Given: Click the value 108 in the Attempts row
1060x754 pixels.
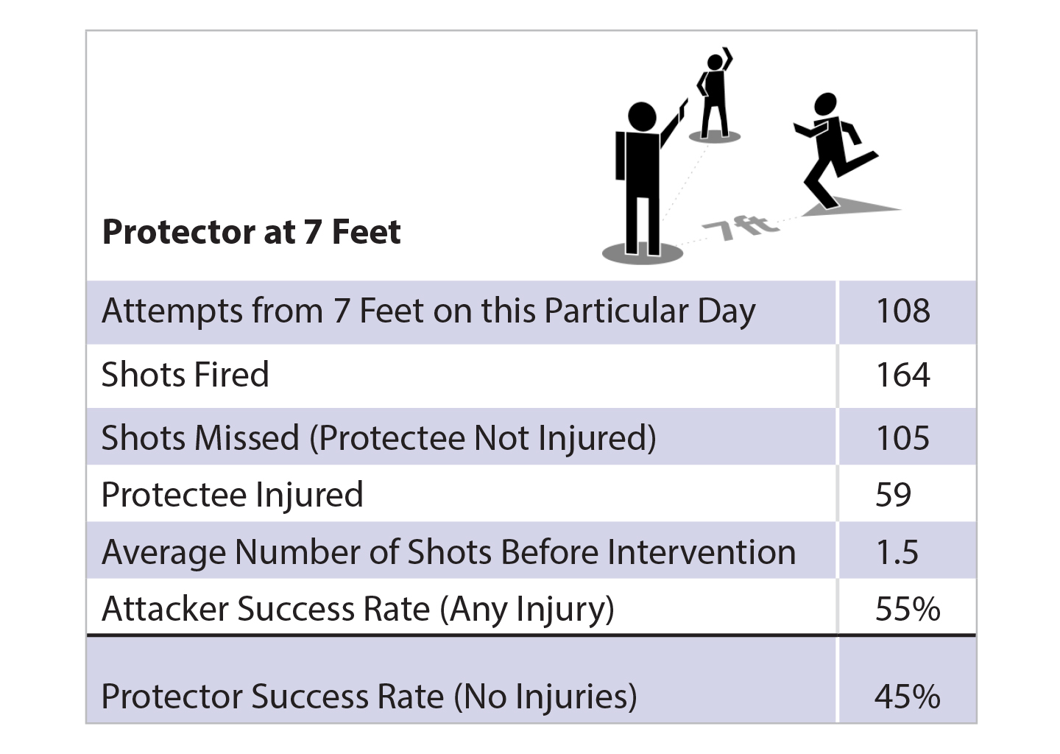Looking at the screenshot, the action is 903,311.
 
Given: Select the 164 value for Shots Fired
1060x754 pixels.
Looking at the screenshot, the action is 903,375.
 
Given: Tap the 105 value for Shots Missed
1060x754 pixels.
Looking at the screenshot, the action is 903,437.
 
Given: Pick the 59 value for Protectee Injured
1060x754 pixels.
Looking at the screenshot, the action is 893,495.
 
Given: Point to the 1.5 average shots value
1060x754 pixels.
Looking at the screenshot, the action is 897,552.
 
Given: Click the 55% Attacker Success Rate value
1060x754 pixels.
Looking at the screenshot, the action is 908,609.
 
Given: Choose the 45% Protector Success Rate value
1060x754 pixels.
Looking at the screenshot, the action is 907,697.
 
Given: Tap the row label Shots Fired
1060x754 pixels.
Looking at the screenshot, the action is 185,374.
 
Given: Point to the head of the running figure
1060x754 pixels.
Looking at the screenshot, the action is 826,104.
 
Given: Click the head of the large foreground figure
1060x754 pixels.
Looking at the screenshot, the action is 642,116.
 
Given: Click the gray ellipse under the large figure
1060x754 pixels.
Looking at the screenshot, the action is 643,253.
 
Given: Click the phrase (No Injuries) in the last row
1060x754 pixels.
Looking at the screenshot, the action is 545,697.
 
